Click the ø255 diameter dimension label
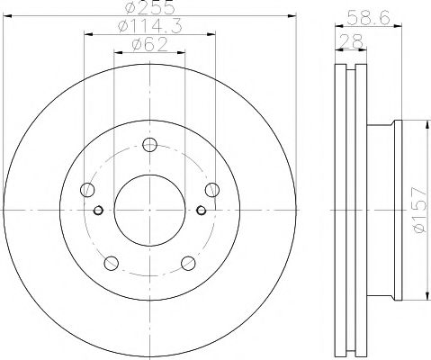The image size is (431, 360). (149, 7)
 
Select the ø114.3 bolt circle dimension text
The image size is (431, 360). (149, 26)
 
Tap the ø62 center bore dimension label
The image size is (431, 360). (149, 45)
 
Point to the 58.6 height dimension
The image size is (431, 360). (368, 17)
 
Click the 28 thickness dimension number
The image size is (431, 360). (351, 41)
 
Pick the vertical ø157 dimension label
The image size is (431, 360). (419, 210)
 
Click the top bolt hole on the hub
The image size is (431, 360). (149, 145)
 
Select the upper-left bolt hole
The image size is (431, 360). (87, 190)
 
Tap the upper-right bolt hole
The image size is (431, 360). (212, 190)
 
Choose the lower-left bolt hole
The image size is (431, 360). (111, 263)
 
